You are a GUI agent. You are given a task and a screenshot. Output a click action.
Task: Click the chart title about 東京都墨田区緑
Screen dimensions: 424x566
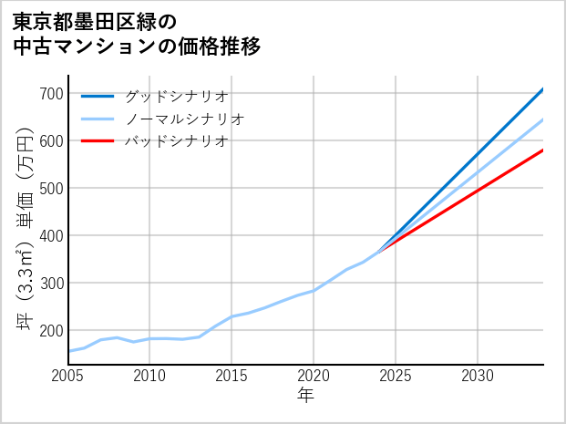(x=137, y=33)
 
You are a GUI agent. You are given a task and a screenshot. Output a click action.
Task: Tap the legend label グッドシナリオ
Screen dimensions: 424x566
(x=176, y=96)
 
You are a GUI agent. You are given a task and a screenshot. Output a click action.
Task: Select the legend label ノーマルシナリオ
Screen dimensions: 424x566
(x=184, y=119)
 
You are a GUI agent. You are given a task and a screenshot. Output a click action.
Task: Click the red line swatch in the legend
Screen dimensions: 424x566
(x=98, y=141)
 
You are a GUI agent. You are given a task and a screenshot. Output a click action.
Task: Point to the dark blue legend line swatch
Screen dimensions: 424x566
(x=98, y=96)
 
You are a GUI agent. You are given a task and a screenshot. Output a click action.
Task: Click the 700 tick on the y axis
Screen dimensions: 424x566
(x=52, y=94)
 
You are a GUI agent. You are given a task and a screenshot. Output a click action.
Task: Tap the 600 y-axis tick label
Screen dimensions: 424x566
(x=52, y=141)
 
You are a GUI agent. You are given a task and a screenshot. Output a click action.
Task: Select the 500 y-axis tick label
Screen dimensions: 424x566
(x=52, y=189)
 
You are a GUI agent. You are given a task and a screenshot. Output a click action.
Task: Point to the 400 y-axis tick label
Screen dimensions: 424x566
(x=52, y=236)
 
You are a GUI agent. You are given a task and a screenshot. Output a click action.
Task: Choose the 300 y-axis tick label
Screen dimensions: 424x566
(x=52, y=284)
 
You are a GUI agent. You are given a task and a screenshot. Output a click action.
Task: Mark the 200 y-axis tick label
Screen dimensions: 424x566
(x=52, y=331)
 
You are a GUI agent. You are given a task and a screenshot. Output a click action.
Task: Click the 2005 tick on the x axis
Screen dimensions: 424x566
(x=68, y=376)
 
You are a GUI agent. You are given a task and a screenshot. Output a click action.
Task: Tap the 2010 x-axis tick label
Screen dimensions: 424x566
(x=150, y=376)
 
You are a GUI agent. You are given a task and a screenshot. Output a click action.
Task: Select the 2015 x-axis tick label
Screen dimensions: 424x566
(x=232, y=376)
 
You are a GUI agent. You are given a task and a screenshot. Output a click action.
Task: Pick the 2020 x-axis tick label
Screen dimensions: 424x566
(x=314, y=376)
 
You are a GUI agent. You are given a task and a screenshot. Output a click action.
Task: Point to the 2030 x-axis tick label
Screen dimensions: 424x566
(x=478, y=376)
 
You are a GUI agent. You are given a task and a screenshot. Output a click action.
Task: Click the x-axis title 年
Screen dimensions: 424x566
(x=305, y=396)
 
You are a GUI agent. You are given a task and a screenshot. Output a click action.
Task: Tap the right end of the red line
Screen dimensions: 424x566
(x=542, y=150)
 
